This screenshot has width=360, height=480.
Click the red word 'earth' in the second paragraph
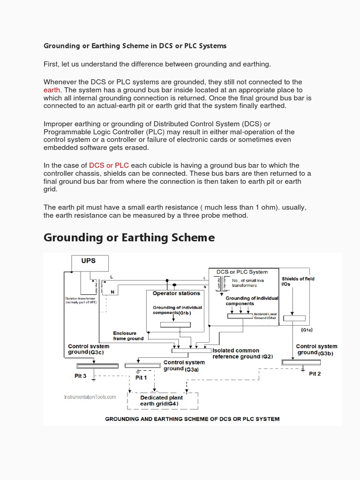pos(52,90)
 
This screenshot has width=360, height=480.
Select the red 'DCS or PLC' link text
pos(109,165)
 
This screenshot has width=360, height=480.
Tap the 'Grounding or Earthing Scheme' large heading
pos(129,238)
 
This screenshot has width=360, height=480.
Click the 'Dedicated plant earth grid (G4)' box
pos(162,401)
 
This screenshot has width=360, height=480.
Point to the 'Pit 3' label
pos(81,376)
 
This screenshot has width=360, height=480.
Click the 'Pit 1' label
pos(141,377)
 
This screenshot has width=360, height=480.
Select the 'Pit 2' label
pos(315,374)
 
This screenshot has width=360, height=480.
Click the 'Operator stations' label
pos(176,293)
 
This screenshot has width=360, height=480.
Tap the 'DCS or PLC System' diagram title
pos(242,272)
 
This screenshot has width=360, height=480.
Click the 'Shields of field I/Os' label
pos(298,281)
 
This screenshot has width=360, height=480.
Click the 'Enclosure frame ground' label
pos(128,336)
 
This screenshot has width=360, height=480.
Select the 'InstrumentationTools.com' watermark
pos(90,397)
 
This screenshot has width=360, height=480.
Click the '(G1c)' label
pos(307,330)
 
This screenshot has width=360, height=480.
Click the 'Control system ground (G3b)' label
pos(316,350)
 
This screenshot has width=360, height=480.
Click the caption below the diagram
pos(192,419)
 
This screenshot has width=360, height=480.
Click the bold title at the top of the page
pos(135,46)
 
